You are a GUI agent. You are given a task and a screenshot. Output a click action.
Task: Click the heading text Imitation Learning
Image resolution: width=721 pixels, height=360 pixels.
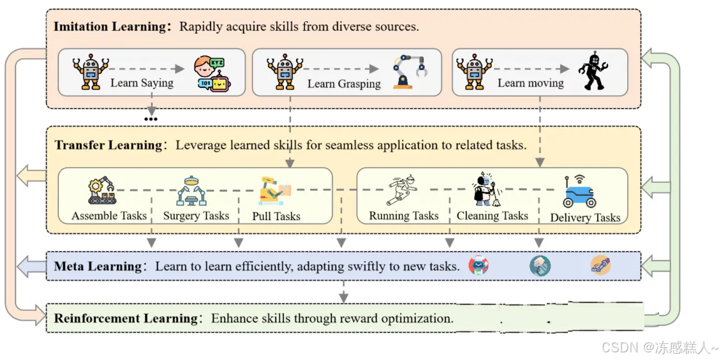tap(109, 27)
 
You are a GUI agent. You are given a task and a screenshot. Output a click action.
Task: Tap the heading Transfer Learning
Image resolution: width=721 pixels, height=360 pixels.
tap(108, 146)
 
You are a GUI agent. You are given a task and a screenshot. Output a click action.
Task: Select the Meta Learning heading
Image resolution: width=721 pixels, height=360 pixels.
tap(98, 266)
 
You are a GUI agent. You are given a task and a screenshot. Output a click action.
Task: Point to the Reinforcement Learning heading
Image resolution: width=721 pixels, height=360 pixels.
tap(126, 318)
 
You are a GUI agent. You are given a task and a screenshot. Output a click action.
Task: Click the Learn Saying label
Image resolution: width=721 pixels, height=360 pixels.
tap(142, 82)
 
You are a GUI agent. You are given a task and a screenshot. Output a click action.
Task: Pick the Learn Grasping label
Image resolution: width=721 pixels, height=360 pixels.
tap(344, 84)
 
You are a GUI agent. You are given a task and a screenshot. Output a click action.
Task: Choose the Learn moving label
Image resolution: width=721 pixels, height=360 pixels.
tap(530, 83)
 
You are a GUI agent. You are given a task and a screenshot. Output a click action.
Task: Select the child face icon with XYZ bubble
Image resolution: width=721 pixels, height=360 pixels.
tap(211, 74)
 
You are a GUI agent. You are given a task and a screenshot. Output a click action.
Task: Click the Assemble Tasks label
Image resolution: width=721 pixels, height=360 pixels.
tap(109, 216)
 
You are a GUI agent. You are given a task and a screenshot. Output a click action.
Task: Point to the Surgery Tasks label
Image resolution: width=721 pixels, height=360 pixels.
tap(196, 216)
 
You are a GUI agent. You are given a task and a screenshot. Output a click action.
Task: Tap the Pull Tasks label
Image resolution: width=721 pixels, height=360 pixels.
tap(276, 216)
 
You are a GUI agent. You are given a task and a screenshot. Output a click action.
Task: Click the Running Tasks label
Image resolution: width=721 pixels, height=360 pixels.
tap(404, 216)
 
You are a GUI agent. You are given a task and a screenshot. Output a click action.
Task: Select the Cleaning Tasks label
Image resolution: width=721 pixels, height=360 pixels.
tap(492, 216)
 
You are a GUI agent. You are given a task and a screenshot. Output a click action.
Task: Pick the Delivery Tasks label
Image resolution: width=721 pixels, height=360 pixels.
tap(585, 218)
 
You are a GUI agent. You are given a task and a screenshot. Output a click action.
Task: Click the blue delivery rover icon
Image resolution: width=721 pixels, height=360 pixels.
tap(579, 191)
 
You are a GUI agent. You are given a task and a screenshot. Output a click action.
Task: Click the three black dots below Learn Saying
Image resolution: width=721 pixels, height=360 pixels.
tap(151, 119)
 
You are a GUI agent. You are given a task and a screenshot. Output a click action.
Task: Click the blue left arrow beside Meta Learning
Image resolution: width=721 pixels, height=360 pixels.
tap(29, 266)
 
